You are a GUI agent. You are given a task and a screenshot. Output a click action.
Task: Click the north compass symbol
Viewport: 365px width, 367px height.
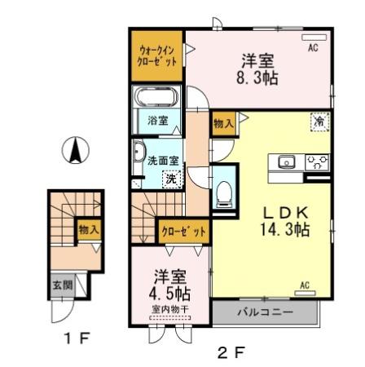point(76,149)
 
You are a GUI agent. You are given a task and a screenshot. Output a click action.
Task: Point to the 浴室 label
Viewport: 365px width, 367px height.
point(157,121)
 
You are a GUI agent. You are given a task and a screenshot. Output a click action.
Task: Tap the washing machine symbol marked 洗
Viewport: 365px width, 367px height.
point(171,178)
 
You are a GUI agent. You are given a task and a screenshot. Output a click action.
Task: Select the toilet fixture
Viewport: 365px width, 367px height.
point(223,192)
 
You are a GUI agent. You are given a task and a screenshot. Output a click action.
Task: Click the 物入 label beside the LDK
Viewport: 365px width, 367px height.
point(223,122)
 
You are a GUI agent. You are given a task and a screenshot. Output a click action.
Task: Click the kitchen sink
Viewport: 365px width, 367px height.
point(286,161)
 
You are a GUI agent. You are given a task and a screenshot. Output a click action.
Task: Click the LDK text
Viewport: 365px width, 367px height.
point(283,210)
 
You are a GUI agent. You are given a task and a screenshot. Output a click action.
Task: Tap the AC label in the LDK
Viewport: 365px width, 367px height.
point(305,285)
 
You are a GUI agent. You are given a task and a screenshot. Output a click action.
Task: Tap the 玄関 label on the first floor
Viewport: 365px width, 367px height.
point(61,285)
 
